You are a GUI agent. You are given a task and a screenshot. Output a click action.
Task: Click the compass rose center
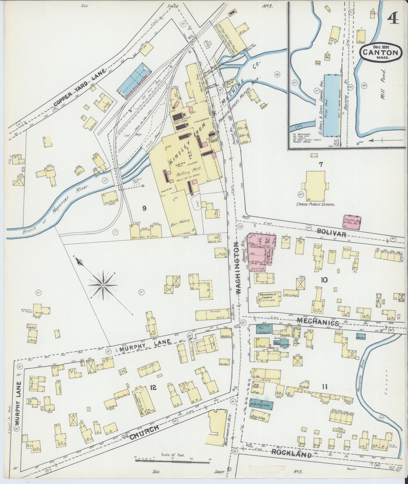tap(103, 285)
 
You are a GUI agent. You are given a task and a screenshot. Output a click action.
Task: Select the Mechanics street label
tap(318, 322)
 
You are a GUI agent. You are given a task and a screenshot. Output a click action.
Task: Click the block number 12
tap(153, 387)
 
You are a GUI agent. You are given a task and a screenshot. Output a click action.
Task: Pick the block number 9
tap(144, 208)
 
